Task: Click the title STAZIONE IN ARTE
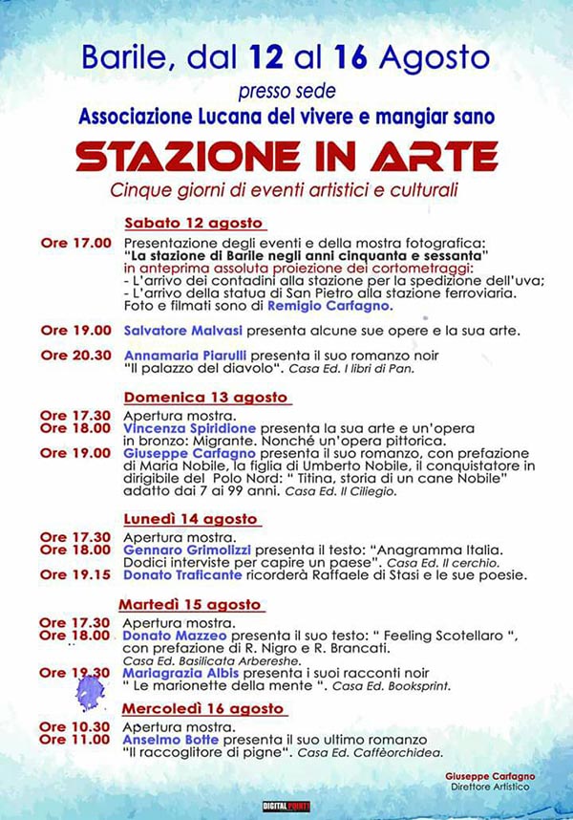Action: [x=286, y=155]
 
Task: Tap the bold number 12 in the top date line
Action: [x=265, y=59]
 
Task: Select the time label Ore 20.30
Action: [x=75, y=355]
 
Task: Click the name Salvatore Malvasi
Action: [x=181, y=331]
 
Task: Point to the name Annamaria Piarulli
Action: [x=185, y=355]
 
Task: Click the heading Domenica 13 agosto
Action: [x=205, y=397]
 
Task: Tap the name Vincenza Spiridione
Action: [x=189, y=430]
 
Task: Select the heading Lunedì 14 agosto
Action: [x=190, y=519]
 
